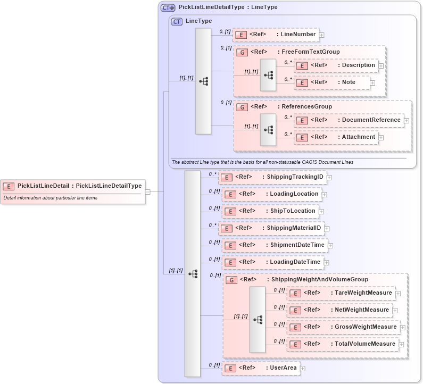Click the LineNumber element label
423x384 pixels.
click(298, 35)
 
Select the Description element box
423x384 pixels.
click(336, 65)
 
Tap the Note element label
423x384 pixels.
click(349, 82)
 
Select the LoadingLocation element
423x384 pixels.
click(271, 194)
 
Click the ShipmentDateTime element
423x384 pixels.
click(275, 245)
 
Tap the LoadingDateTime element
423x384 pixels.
click(273, 262)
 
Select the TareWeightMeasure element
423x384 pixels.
click(341, 293)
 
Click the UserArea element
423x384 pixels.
click(260, 368)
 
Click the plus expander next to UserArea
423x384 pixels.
click(302, 368)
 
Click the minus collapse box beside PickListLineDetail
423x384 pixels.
click(148, 192)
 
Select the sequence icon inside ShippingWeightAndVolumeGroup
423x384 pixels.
click(258, 320)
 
